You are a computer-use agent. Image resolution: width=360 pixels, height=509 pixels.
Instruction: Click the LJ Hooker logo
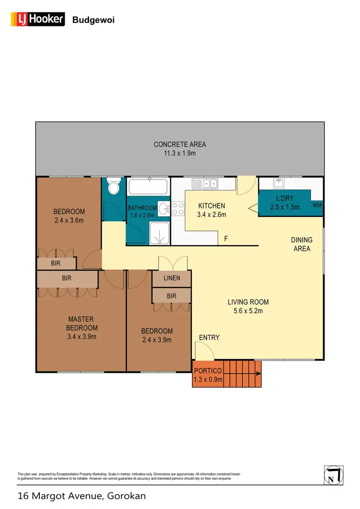[x=37, y=19]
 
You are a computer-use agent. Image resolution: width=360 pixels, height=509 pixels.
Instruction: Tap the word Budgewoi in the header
[x=93, y=20]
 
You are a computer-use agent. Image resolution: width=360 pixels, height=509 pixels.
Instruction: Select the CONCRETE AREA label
[x=180, y=144]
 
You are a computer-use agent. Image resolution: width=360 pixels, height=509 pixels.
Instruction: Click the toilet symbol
[x=114, y=187]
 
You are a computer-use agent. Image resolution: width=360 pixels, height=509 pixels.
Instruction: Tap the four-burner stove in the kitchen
[x=178, y=208]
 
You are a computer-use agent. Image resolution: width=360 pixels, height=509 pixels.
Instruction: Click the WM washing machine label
[x=317, y=205]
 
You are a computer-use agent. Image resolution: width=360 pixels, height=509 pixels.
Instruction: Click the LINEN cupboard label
[x=171, y=278]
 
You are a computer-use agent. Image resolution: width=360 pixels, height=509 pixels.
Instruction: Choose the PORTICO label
[x=208, y=371]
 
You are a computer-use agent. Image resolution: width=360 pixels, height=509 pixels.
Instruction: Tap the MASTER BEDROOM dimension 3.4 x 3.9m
[x=83, y=336]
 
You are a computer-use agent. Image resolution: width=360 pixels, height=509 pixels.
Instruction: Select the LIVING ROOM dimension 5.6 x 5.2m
[x=248, y=311]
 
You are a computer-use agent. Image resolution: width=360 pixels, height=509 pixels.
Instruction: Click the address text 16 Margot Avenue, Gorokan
[x=82, y=496]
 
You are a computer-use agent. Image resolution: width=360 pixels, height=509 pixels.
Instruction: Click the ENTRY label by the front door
[x=209, y=338]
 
